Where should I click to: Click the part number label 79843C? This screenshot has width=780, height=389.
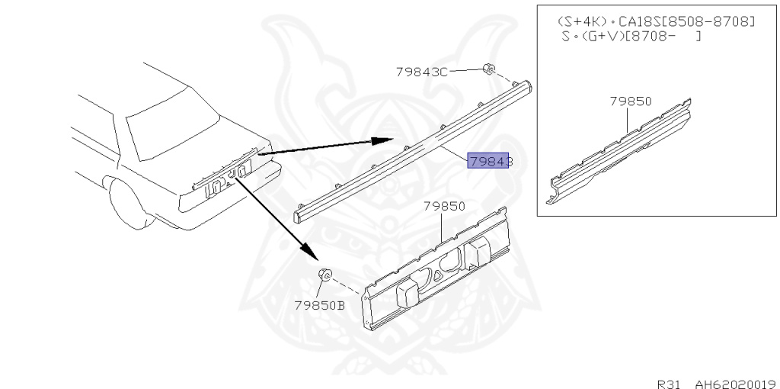[x=421, y=72]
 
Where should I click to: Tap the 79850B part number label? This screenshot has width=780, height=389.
[x=319, y=305]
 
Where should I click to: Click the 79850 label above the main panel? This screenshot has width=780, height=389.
[x=444, y=206]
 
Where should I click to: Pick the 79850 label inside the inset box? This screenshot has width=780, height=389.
[x=631, y=101]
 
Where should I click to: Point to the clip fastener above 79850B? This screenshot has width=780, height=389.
[x=324, y=275]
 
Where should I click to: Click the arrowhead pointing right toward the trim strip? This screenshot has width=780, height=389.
[x=381, y=140]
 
